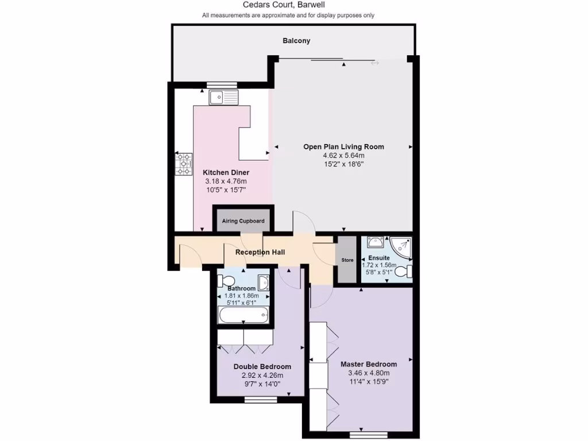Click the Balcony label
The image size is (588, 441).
coord(296,41)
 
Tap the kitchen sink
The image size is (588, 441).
coord(224,98)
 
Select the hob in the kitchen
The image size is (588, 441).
coord(184,164)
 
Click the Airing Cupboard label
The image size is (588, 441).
coord(243,221)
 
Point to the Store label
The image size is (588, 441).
coord(347,260)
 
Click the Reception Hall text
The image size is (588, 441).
coord(260,252)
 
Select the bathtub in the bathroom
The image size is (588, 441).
coord(243,315)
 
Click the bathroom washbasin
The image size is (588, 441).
coord(264,282)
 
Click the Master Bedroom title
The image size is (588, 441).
coord(369,364)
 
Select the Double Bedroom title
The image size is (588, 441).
coord(262,366)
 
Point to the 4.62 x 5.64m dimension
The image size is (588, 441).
coord(343,155)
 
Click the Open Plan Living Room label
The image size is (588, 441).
coord(343,146)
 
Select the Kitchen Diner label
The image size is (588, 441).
coord(226,172)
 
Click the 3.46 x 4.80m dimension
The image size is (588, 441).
coord(369,373)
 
